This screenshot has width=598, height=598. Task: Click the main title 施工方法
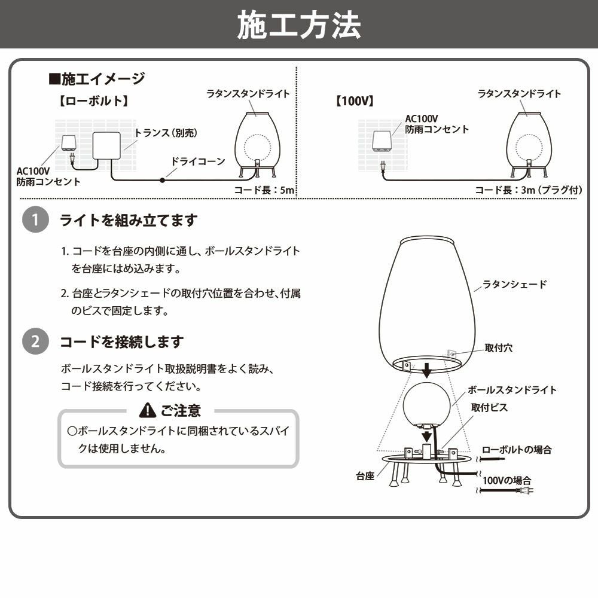299,25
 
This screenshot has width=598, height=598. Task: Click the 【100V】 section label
355,100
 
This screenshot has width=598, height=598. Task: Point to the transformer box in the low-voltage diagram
106,146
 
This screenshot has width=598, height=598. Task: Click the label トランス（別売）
166,133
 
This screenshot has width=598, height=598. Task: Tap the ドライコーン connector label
198,161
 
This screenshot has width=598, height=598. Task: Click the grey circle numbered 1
35,221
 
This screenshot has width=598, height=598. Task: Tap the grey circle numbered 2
35,342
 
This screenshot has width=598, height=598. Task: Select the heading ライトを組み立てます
128,221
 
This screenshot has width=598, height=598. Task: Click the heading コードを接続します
121,342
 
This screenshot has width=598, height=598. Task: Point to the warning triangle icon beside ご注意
147,410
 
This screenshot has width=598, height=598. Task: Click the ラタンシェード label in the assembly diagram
514,285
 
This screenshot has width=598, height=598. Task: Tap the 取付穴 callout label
498,348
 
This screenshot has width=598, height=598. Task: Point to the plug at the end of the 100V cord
526,491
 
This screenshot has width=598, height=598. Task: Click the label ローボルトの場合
517,450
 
